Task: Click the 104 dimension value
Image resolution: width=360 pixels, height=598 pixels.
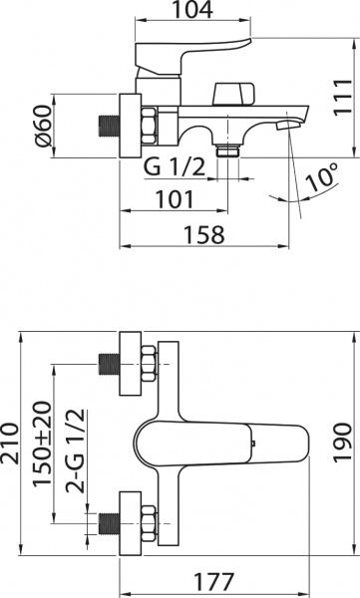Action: [192, 10]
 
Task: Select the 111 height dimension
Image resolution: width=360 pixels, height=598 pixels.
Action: [342, 97]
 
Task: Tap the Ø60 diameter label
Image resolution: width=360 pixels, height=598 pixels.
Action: [43, 126]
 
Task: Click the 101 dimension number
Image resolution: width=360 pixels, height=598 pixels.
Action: [175, 199]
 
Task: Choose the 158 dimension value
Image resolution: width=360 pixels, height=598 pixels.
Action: [204, 234]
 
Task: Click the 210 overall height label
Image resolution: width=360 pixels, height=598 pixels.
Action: [10, 443]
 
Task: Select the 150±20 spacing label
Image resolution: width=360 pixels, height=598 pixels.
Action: [42, 444]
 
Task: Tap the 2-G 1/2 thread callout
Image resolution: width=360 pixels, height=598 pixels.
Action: [75, 450]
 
